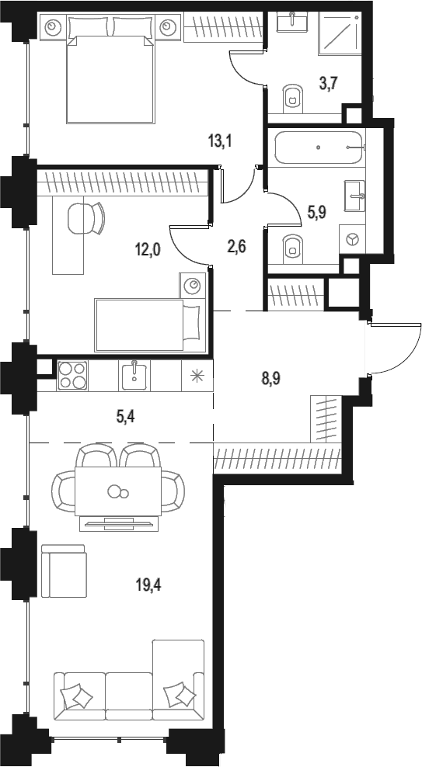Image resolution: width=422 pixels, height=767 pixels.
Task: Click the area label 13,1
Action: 219,142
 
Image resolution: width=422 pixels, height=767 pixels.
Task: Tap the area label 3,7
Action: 327,84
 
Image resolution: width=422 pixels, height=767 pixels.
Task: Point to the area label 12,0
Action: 148,251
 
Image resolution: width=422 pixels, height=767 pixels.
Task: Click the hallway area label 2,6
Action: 236,245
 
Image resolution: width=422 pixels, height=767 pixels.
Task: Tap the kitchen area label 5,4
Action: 124,417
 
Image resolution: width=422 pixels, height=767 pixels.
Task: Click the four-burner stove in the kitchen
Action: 72,375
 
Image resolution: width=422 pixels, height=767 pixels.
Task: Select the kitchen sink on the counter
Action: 134,374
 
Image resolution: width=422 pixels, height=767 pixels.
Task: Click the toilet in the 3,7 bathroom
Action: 293,96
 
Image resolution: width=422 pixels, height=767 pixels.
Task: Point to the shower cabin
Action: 340,33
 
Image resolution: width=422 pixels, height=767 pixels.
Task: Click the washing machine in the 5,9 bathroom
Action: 352,238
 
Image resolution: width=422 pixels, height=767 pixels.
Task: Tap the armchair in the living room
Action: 64,571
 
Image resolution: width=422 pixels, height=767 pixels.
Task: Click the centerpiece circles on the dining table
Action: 118,491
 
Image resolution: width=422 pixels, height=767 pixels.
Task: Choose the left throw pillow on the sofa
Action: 77,696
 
